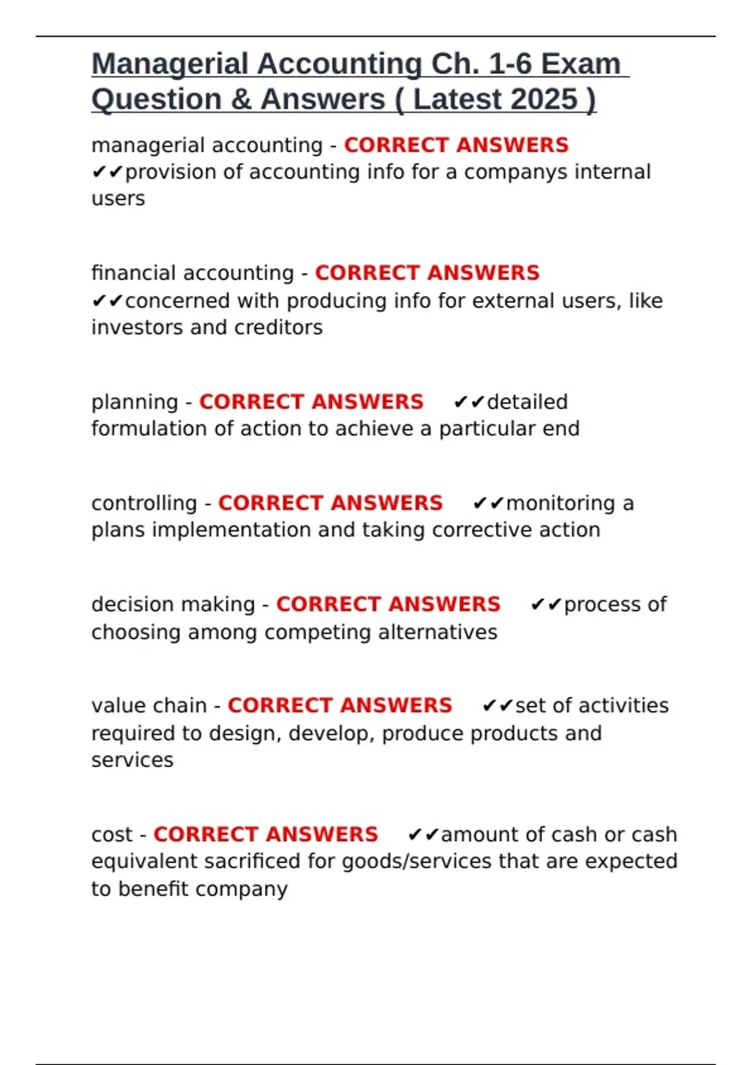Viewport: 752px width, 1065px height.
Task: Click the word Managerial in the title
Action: pos(170,65)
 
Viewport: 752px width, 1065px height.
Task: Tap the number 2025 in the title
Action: pos(543,100)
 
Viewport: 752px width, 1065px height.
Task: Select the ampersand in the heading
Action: pos(240,100)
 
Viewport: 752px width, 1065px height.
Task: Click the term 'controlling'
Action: pos(144,504)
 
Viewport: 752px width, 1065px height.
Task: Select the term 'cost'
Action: pos(112,835)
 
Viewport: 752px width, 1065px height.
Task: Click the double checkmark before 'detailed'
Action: pos(469,402)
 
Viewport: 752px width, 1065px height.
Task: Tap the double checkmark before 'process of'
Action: pos(546,605)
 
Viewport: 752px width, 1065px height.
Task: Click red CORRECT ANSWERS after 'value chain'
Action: pos(340,706)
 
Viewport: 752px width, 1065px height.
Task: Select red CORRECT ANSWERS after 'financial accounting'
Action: pos(427,273)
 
